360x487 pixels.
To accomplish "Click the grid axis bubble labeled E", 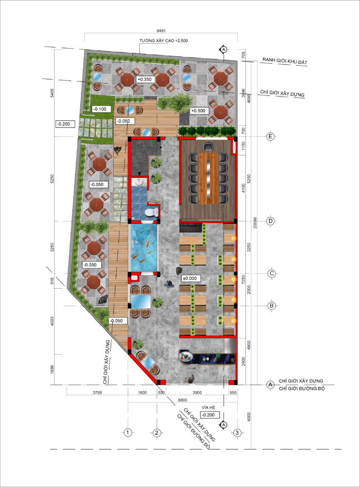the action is tap(270, 136).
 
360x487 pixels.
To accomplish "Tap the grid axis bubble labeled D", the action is tap(271, 221).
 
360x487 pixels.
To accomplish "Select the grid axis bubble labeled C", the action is tap(272, 273).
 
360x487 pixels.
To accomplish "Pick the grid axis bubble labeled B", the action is tap(272, 306).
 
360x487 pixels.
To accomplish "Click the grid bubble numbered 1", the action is tap(127, 432).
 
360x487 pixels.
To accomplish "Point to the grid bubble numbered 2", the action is tap(156, 433).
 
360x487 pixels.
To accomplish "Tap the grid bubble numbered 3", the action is tap(237, 433).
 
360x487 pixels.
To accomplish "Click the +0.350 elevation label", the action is tap(145, 79).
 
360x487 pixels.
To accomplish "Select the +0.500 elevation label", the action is tap(198, 111).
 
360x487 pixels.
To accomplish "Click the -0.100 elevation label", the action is tap(100, 109).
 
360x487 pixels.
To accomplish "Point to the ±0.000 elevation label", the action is tap(190, 278).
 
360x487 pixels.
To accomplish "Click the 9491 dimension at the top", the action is tap(161, 31).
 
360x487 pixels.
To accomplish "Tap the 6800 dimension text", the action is tap(183, 400).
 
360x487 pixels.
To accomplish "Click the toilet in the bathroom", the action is tap(152, 213).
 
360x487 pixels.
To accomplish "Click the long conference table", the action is tap(209, 178).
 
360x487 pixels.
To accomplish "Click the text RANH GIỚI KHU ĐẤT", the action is tap(285, 61).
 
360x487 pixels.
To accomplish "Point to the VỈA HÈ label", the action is tap(208, 407).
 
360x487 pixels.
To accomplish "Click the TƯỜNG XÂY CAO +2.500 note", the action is tap(164, 41).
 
